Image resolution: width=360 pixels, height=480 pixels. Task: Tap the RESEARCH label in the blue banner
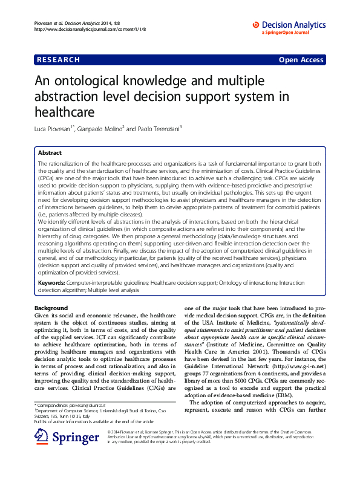(x=58, y=60)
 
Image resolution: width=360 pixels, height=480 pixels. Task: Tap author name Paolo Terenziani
(x=159, y=129)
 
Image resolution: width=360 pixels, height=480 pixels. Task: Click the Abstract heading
(x=50, y=153)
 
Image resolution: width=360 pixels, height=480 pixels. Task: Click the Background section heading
(x=52, y=308)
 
